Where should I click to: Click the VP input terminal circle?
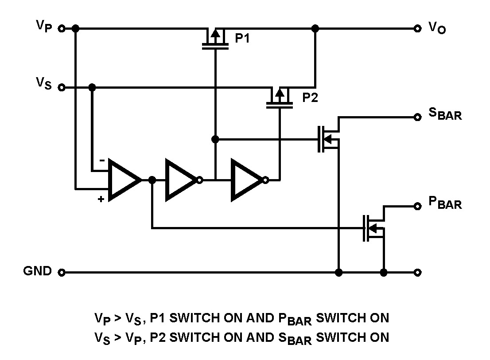pyautogui.click(x=62, y=29)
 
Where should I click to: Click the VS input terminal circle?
pyautogui.click(x=62, y=87)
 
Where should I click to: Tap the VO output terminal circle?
pyautogui.click(x=417, y=29)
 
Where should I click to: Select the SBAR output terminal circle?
pyautogui.click(x=417, y=117)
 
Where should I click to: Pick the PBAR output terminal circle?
pyautogui.click(x=417, y=206)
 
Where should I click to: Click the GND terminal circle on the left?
pyautogui.click(x=62, y=272)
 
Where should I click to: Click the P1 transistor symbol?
pyautogui.click(x=215, y=39)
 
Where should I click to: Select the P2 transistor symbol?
pyautogui.click(x=280, y=98)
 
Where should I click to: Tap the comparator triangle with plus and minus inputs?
pyautogui.click(x=124, y=180)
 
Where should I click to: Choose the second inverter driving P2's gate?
pyautogui.click(x=248, y=180)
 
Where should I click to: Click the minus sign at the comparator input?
pyautogui.click(x=102, y=160)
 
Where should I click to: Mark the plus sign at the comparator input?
pyautogui.click(x=101, y=200)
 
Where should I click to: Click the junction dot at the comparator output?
pyautogui.click(x=152, y=180)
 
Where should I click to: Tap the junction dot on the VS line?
pyautogui.click(x=92, y=87)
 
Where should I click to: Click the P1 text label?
pyautogui.click(x=242, y=39)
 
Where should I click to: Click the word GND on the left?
pyautogui.click(x=37, y=271)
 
